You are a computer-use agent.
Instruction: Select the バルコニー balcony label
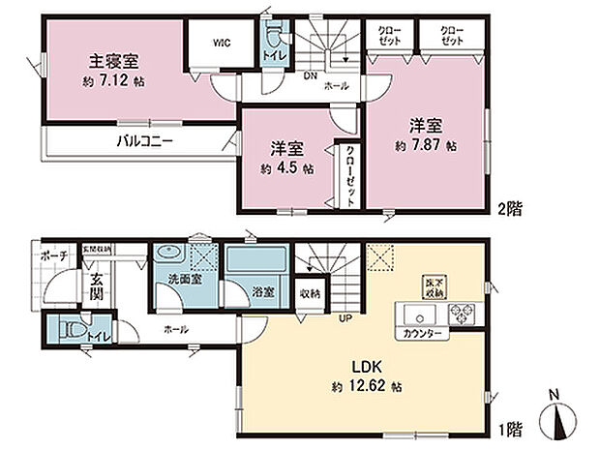pos(145,139)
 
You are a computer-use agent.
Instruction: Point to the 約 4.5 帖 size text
pos(286,167)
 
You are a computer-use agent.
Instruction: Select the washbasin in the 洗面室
pos(171,254)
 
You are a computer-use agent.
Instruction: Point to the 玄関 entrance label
pos(99,289)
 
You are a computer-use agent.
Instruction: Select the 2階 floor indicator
pos(511,207)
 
